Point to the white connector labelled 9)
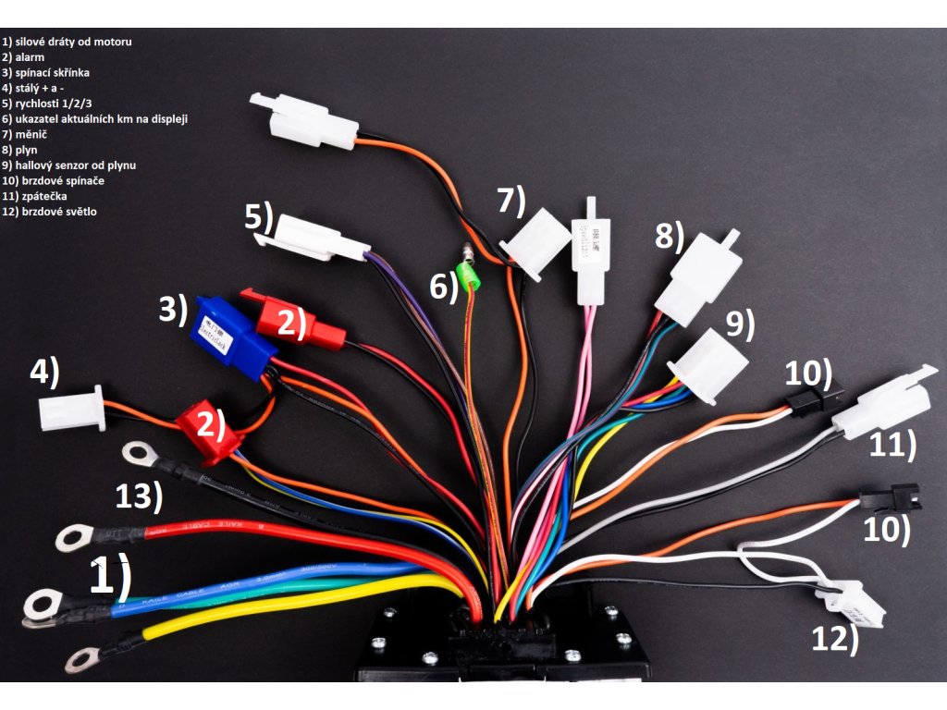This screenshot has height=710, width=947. [708, 366]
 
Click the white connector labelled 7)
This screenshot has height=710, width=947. [537, 239]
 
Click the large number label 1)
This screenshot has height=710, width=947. [110, 578]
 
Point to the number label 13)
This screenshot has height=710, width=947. [140, 497]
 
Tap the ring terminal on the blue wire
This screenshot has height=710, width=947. [42, 604]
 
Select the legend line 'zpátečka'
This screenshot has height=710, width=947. [37, 196]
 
